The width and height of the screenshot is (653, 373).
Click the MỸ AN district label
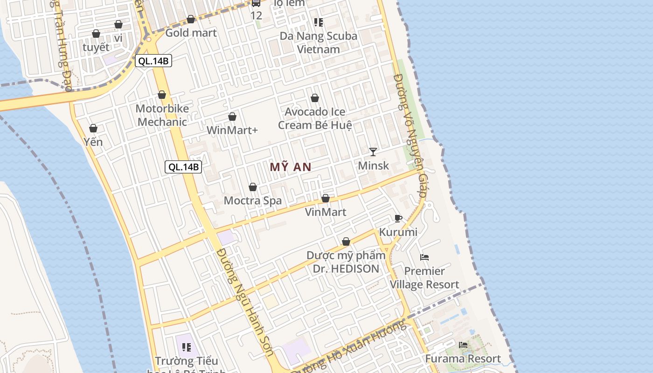click(x=291, y=167)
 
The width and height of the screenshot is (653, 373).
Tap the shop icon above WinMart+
click(x=232, y=117)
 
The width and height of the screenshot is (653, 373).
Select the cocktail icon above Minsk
click(x=373, y=152)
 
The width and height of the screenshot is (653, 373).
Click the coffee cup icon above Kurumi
click(x=398, y=218)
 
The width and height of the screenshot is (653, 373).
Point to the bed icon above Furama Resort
click(x=463, y=345)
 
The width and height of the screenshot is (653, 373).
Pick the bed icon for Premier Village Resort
click(x=424, y=257)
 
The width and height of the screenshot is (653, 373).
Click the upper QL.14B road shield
click(x=153, y=61)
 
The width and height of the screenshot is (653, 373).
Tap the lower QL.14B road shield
click(x=183, y=167)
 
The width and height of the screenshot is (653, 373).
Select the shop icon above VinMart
click(x=326, y=199)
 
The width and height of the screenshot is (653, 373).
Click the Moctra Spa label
click(x=253, y=201)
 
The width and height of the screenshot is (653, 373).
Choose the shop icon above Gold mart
click(x=191, y=19)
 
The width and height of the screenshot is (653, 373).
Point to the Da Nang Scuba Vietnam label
click(x=319, y=42)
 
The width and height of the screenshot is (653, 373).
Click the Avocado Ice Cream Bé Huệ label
click(x=315, y=118)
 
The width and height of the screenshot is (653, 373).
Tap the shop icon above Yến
click(x=93, y=128)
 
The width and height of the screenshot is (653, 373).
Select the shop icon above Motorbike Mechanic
click(x=162, y=95)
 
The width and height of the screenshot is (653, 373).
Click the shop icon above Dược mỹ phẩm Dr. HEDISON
click(x=346, y=242)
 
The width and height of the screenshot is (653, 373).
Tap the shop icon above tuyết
click(x=96, y=34)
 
